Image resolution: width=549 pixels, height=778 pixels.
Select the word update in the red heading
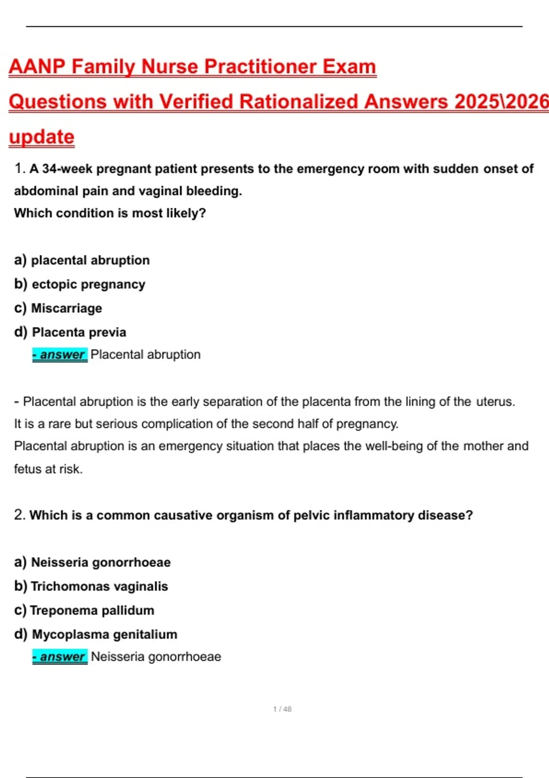(42, 137)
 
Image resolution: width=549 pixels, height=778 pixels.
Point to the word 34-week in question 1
(67, 169)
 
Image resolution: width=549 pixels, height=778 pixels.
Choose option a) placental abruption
(82, 260)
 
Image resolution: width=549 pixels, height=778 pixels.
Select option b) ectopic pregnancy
(80, 284)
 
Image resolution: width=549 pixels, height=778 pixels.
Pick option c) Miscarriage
(59, 308)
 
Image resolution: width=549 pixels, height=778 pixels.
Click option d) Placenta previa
(70, 332)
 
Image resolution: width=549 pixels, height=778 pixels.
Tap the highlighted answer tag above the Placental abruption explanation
(59, 355)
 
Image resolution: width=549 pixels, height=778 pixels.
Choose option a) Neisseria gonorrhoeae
(92, 562)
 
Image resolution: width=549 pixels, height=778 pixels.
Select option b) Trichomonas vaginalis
(91, 586)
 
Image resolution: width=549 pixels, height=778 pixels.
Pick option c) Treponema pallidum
(85, 611)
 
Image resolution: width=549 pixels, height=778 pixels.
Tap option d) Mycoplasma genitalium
(96, 634)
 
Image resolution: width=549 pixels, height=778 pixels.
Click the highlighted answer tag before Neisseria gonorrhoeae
(59, 657)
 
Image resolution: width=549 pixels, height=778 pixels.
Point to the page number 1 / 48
(282, 709)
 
